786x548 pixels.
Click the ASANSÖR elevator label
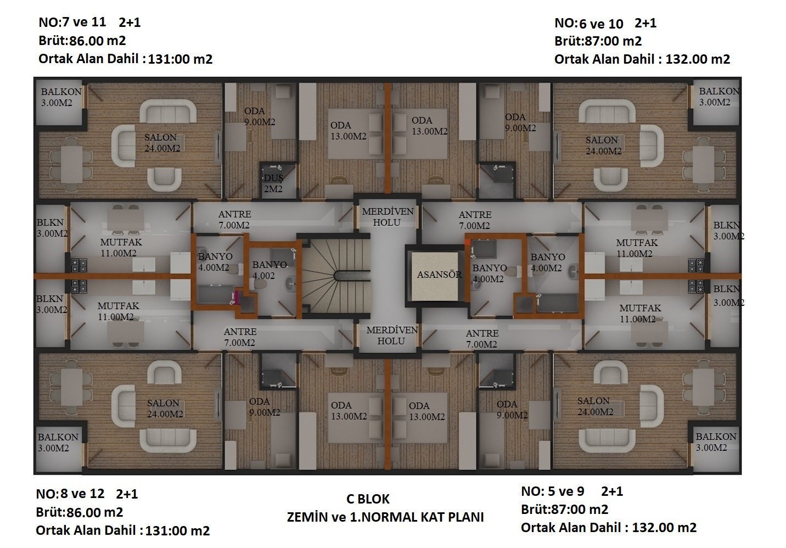[x=439, y=275]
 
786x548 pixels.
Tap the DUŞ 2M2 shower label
[x=274, y=183]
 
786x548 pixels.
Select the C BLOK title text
[x=368, y=499]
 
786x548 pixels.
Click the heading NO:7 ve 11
[x=72, y=22]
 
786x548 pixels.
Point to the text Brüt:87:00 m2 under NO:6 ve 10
[x=598, y=41]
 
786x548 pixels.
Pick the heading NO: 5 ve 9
[x=553, y=491]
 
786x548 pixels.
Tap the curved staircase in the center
[x=335, y=276]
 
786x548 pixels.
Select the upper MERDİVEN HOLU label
[x=388, y=217]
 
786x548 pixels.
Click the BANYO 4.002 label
[x=270, y=270]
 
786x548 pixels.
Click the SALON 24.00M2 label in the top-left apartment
[x=162, y=143]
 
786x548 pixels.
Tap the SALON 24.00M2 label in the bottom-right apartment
[x=595, y=406]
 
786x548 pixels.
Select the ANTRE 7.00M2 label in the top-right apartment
[x=475, y=220]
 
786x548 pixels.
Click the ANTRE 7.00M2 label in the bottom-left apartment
[x=240, y=337]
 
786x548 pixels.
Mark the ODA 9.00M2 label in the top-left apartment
[x=260, y=116]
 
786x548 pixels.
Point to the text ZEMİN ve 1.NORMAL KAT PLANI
[x=385, y=517]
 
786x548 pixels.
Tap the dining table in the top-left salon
[x=71, y=164]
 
